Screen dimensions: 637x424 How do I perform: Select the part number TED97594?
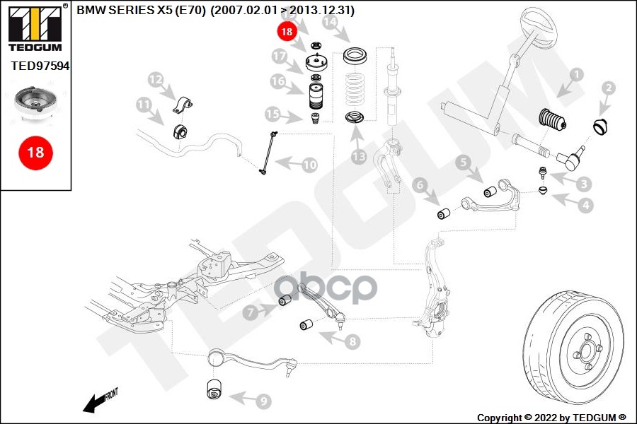pos(40,66)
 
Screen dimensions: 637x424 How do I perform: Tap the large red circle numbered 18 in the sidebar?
pos(35,152)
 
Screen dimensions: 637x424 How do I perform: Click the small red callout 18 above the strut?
pos(286,31)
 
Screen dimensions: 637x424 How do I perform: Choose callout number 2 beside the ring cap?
pos(608,88)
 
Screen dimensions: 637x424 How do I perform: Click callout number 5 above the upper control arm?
pos(463,163)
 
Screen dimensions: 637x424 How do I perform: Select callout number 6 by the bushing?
pos(420,185)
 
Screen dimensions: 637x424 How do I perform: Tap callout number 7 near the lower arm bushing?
pos(251,311)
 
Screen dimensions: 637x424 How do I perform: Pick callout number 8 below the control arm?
pos(352,341)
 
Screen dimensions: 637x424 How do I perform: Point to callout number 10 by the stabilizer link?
pos(310,165)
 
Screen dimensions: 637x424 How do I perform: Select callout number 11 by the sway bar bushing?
pos(144,105)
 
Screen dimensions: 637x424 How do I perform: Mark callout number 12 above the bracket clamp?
pos(155,78)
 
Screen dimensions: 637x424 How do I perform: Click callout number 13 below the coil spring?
pos(359,156)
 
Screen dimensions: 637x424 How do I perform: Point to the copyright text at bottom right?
pos(551,417)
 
